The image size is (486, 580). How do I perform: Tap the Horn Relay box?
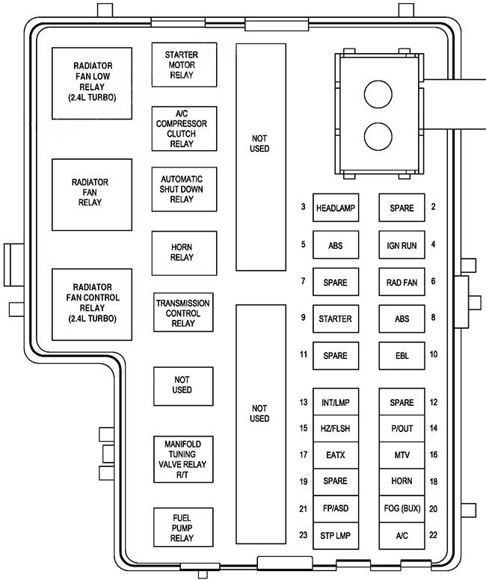tap(182, 252)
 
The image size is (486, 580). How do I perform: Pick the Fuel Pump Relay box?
tap(182, 528)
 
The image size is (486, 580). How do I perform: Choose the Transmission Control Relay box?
tap(182, 313)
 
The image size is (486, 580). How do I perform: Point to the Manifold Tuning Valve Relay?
tap(182, 460)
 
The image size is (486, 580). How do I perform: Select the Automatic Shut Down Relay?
tap(182, 189)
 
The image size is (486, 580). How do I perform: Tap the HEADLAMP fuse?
tap(335, 208)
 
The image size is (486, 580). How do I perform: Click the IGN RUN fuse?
tap(401, 245)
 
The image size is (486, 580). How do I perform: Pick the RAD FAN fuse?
tap(401, 283)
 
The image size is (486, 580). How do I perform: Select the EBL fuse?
tap(401, 356)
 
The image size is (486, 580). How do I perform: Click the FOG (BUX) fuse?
tap(401, 508)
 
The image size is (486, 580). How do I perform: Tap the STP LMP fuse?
tap(335, 535)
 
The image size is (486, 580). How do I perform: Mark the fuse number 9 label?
tap(303, 318)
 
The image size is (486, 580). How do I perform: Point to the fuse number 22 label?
tap(433, 535)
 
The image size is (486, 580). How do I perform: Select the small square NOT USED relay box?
tap(182, 385)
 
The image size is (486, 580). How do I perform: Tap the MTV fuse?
tap(401, 454)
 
